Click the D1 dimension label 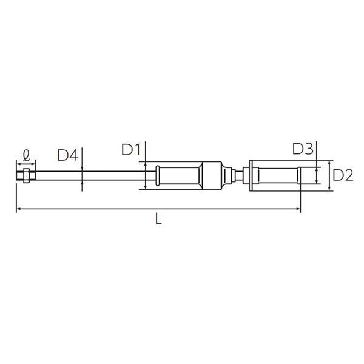click(x=131, y=149)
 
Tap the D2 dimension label click(x=343, y=175)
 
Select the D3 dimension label click(x=303, y=149)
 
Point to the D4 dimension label click(x=67, y=155)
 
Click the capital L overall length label click(x=158, y=219)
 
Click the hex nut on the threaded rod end click(x=26, y=176)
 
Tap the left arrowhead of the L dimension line click(x=19, y=209)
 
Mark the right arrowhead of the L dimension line click(x=298, y=209)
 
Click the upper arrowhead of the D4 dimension click(x=82, y=169)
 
